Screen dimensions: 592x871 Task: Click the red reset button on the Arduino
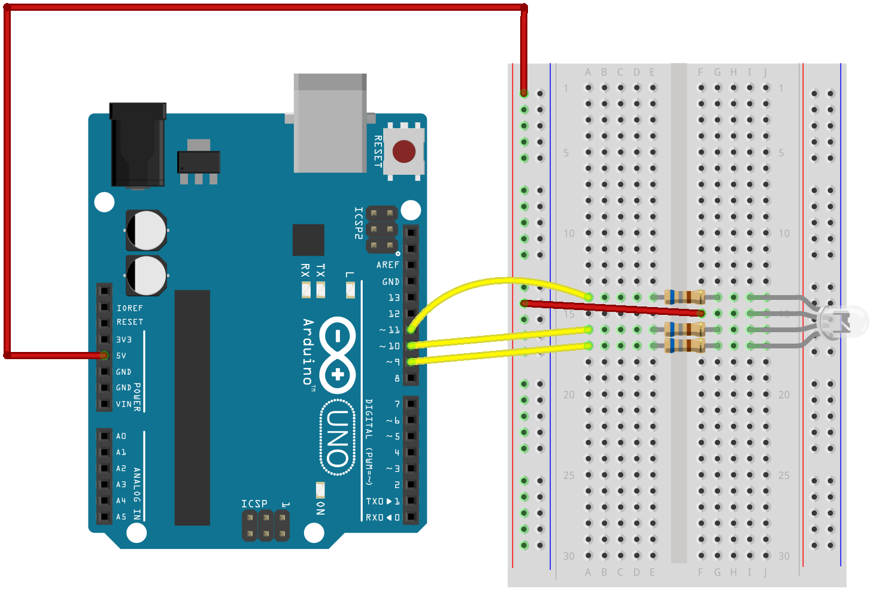(403, 151)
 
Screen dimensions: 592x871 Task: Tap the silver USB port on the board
(330, 123)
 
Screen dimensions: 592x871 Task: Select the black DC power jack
(138, 145)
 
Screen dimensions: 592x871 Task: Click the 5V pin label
(122, 356)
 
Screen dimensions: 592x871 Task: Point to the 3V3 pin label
(124, 339)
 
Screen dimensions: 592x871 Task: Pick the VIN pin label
(124, 404)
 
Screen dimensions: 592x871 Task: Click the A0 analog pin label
(122, 436)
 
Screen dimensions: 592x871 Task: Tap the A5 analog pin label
(122, 517)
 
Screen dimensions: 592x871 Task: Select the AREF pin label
(387, 265)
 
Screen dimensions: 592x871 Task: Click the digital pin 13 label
(393, 297)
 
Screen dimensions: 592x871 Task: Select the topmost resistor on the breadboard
(685, 297)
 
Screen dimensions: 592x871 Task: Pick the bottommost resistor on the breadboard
(685, 345)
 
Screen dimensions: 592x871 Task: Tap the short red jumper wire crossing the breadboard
(611, 308)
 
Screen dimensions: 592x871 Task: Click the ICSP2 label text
(358, 223)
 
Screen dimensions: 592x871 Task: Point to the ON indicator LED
(320, 490)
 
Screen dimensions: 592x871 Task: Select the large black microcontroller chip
(192, 407)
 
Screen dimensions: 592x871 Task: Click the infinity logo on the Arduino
(338, 354)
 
